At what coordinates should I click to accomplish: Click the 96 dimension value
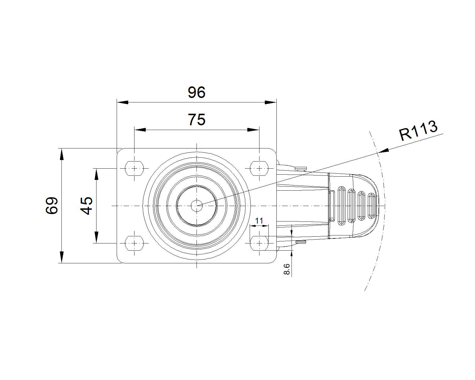[197, 92]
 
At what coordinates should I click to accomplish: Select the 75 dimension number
[197, 119]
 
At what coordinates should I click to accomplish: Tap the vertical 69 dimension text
[52, 205]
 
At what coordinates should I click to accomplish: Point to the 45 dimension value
[86, 205]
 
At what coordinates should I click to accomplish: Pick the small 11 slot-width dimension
[259, 221]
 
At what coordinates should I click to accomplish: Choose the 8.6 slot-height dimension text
[286, 269]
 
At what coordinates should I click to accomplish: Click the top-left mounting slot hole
[134, 168]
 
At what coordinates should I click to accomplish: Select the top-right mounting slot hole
[259, 168]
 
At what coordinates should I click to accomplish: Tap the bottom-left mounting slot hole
[134, 243]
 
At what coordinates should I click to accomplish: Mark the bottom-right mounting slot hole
[259, 243]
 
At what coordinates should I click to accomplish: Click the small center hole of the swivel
[197, 206]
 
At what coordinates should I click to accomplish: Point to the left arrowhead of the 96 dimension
[123, 102]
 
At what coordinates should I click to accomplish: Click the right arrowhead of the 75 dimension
[253, 130]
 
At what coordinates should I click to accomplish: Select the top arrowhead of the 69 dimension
[62, 154]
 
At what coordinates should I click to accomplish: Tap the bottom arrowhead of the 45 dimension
[96, 237]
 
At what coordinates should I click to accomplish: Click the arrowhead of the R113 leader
[383, 151]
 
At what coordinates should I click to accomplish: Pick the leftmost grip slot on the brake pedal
[341, 205]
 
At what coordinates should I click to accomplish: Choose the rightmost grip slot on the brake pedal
[371, 206]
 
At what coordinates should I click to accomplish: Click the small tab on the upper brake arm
[301, 168]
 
